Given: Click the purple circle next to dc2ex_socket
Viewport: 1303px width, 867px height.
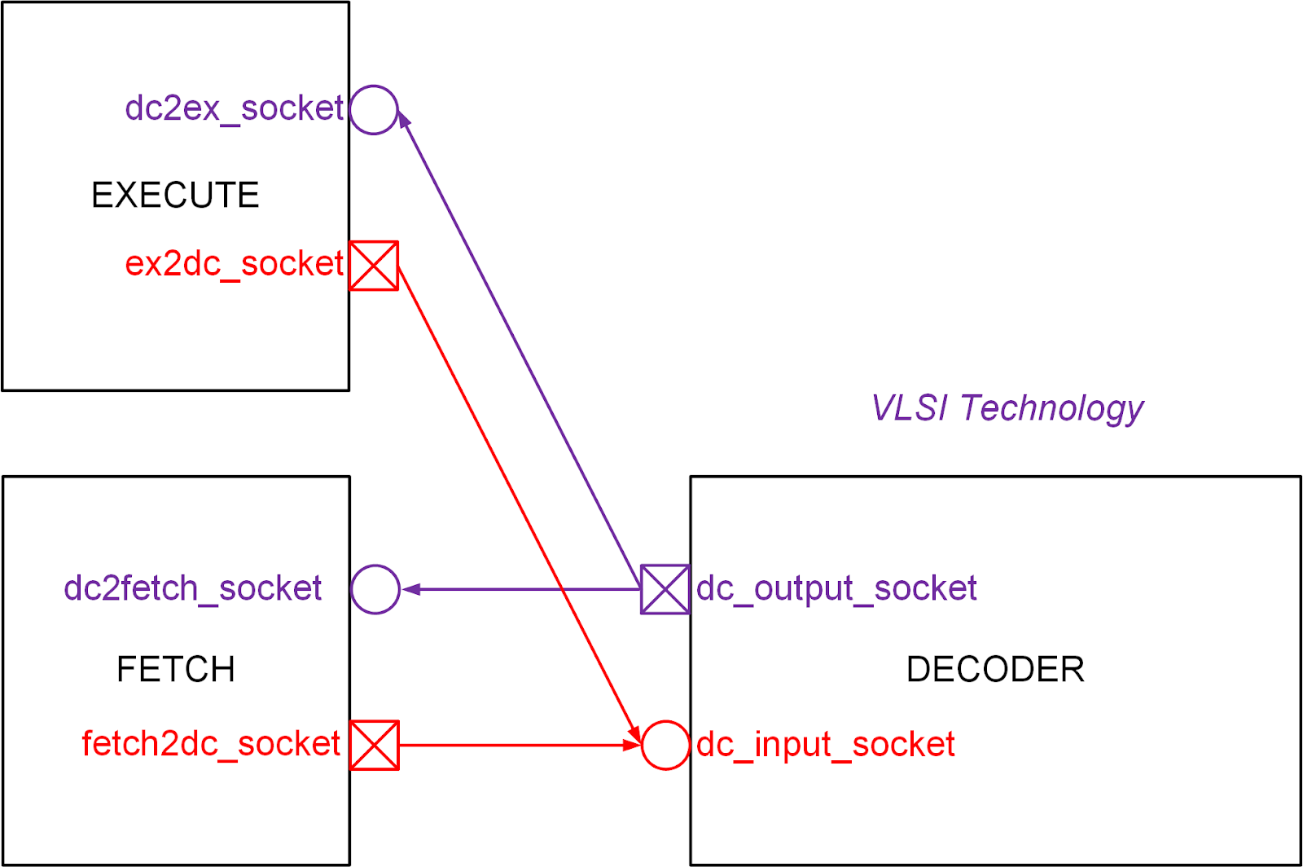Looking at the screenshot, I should pyautogui.click(x=374, y=109).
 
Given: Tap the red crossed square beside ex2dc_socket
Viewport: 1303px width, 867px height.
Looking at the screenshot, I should pyautogui.click(x=374, y=265).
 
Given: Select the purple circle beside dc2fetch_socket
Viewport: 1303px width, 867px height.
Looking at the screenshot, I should pyautogui.click(x=375, y=589).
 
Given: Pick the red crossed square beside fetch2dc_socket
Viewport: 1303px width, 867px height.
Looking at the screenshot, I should pyautogui.click(x=375, y=745).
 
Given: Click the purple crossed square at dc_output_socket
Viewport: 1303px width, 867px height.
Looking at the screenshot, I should pyautogui.click(x=665, y=589).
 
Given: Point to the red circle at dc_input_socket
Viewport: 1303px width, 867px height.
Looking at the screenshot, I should pyautogui.click(x=665, y=745).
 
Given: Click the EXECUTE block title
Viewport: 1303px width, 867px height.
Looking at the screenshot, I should pyautogui.click(x=175, y=196).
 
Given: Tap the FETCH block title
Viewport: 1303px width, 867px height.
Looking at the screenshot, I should pyautogui.click(x=176, y=670).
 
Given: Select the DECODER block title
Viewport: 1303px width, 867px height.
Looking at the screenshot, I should pyautogui.click(x=995, y=670).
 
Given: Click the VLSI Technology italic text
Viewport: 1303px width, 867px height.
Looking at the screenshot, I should pyautogui.click(x=1007, y=408).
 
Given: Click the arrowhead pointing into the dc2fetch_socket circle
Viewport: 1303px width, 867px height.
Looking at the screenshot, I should pyautogui.click(x=410, y=589).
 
